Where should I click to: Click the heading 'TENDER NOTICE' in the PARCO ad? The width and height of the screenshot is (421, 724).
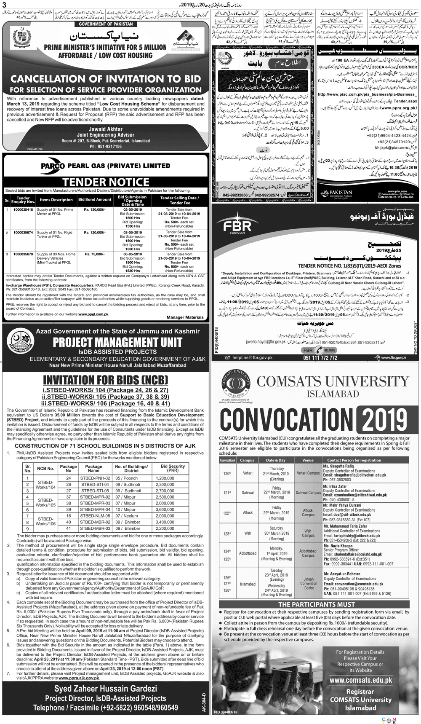point(106,182)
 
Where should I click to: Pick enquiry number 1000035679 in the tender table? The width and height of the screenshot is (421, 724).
point(23,254)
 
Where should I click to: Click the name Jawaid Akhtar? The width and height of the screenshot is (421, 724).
point(106,129)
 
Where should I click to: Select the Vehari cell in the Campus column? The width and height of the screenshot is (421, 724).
point(248,473)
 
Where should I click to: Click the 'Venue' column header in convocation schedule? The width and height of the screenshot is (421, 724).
point(308,460)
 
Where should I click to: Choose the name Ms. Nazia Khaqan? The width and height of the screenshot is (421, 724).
point(338,545)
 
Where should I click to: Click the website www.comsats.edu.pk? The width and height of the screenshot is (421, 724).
point(360,680)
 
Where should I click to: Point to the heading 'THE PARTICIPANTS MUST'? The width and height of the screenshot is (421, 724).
point(314,604)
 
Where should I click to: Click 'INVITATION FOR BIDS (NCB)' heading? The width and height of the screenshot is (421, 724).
point(106,379)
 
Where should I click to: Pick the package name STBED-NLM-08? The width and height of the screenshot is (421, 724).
point(95,516)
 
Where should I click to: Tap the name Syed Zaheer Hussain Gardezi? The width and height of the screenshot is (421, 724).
point(106,689)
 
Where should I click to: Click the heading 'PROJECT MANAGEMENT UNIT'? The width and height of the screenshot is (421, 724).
point(117,343)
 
